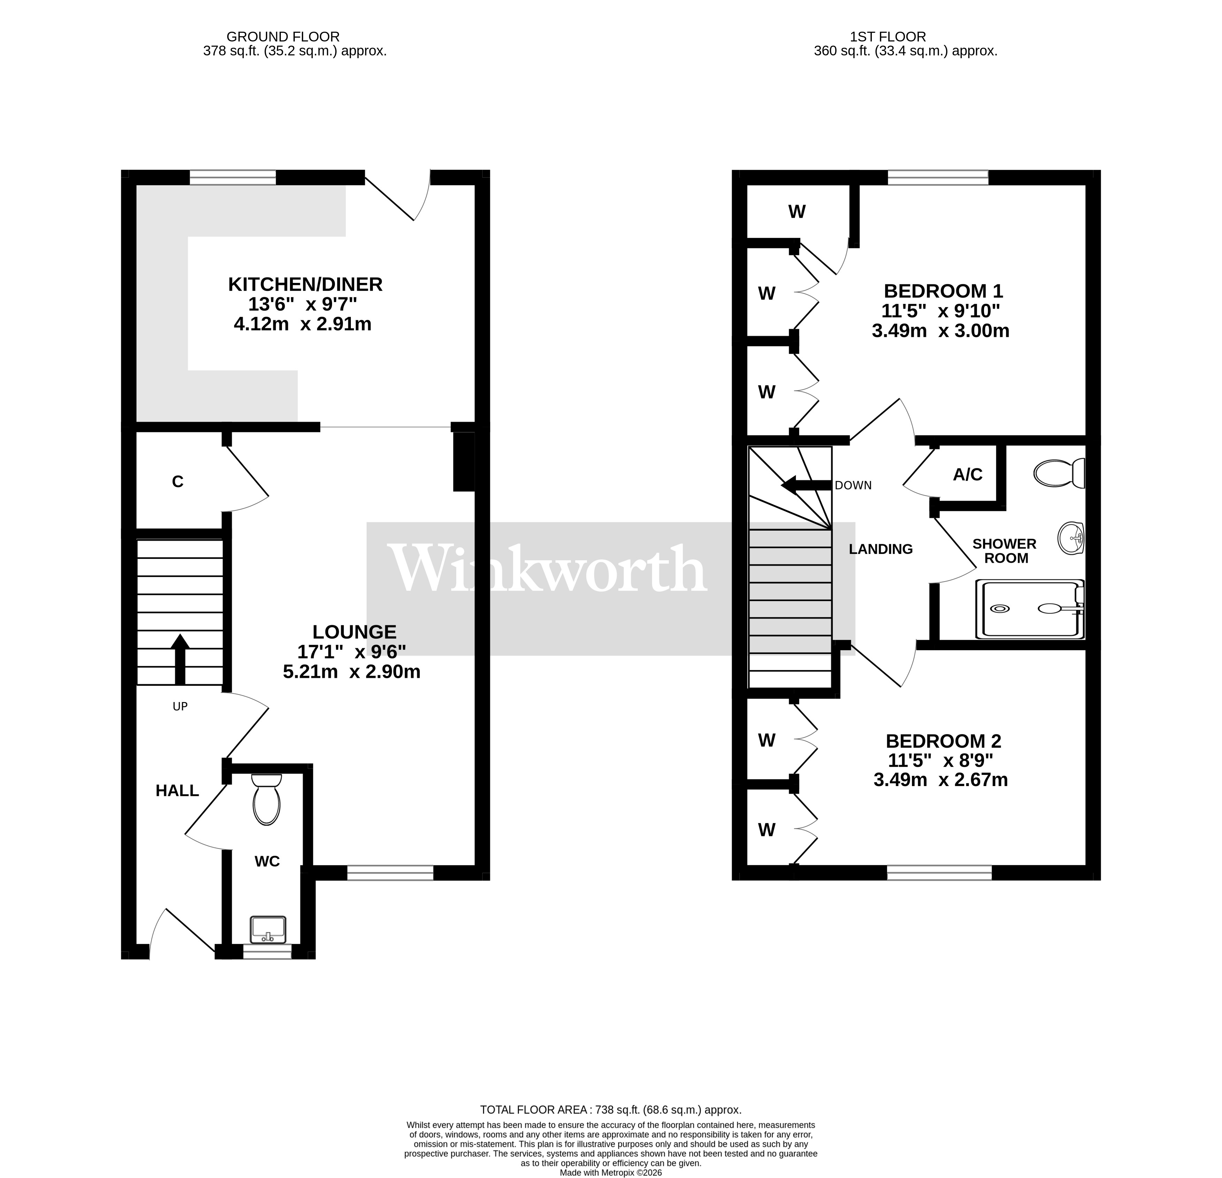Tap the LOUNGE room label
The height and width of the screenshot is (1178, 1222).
coord(354,632)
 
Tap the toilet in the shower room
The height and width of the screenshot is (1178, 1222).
coord(1059,473)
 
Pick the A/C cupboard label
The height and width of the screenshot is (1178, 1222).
coord(968,475)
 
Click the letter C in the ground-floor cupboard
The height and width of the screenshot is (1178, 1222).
coord(178,482)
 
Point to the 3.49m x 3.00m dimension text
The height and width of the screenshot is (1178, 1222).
coord(940,331)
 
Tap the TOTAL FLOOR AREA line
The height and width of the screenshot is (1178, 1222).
coord(610,1109)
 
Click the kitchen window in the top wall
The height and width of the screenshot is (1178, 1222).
coord(232,178)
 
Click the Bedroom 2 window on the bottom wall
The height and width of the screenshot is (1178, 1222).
coord(939,872)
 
